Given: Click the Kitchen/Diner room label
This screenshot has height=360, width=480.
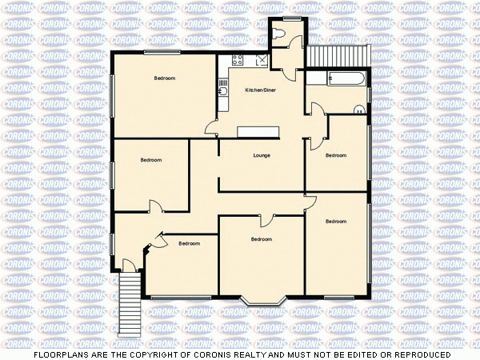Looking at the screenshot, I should pos(261,90).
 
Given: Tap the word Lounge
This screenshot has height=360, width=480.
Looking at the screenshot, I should pos(261,154).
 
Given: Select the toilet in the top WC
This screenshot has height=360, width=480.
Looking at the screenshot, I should pos(278,34).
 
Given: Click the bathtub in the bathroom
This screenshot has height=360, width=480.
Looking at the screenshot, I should pos(346,78).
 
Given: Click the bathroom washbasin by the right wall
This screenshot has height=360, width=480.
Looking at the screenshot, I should pos(361,109).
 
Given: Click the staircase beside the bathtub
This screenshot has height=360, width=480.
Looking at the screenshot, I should pos(338,56).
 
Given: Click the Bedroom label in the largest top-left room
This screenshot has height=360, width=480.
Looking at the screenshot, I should pos(165,78).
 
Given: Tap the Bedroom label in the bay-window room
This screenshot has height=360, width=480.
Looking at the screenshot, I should pos(261,239).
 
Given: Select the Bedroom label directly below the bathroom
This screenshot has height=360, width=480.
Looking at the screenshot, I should pos(336,155).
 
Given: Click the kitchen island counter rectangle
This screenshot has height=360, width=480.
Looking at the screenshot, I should pos(257,131).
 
